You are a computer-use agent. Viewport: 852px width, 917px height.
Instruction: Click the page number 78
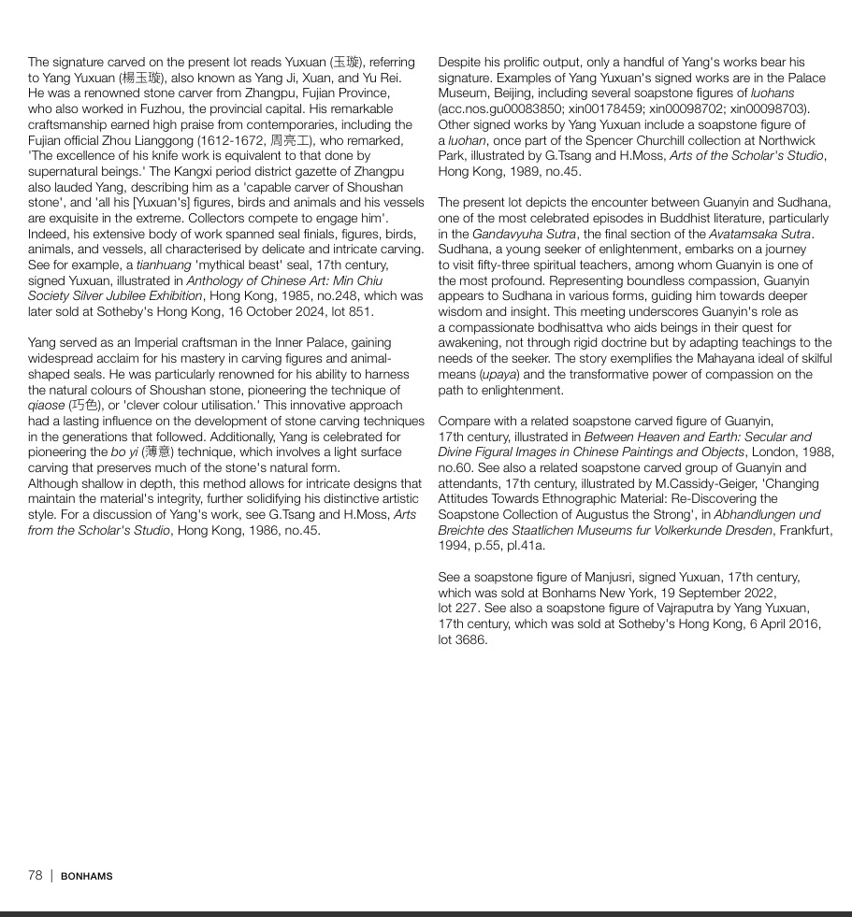(36, 875)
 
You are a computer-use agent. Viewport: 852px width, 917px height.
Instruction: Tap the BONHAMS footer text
(87, 876)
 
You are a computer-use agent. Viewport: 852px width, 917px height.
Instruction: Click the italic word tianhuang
(164, 265)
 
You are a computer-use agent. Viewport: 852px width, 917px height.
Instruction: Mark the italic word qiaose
(46, 406)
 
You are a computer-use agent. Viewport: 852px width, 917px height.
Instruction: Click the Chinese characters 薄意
(157, 452)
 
